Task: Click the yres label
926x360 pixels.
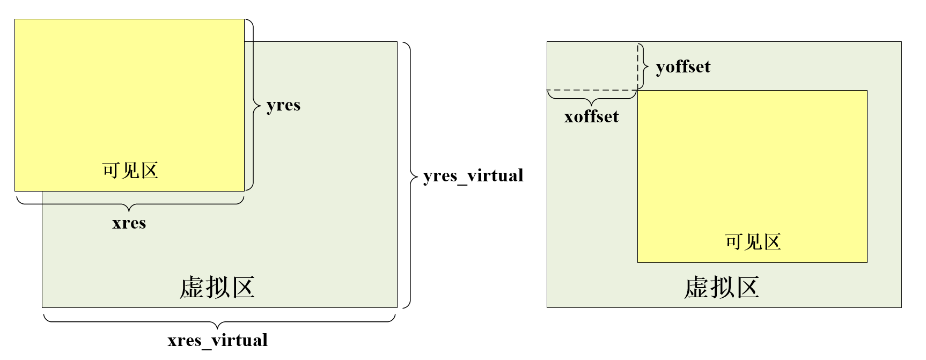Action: [283, 105]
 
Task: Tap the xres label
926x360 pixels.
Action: [129, 223]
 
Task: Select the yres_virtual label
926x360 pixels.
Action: [473, 176]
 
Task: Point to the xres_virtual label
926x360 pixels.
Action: [217, 340]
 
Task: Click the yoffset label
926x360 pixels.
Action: [683, 67]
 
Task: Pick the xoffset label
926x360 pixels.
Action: [591, 117]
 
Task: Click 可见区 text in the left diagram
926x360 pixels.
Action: [130, 171]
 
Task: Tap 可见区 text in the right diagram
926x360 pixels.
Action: [753, 242]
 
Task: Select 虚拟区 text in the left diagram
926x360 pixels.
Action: [217, 288]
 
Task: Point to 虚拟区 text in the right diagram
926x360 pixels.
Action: [722, 288]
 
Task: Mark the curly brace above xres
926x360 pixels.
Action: [130, 204]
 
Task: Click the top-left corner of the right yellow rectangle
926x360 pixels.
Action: [638, 91]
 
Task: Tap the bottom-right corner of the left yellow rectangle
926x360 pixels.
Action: [244, 191]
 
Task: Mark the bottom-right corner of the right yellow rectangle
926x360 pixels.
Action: [867, 262]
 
